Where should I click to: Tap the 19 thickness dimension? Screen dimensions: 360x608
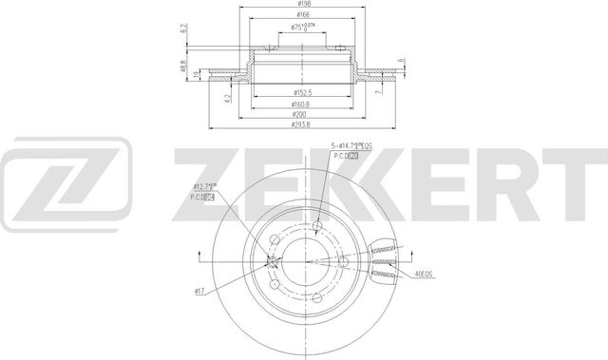tap(197, 75)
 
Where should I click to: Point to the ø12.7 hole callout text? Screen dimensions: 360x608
tap(206, 186)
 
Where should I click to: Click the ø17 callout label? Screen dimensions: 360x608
tap(200, 289)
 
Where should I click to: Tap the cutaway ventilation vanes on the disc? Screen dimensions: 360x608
tap(384, 258)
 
